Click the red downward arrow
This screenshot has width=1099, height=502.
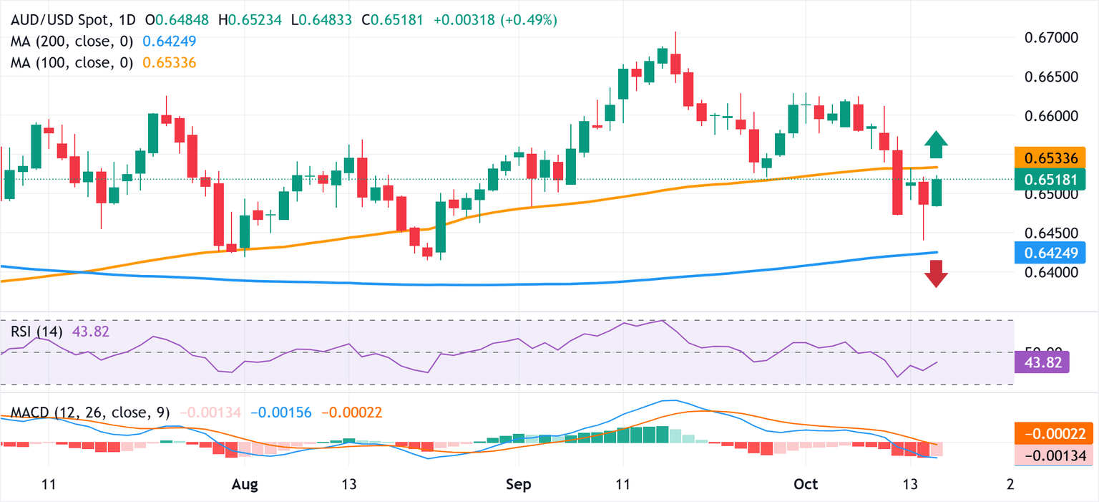pyautogui.click(x=935, y=274)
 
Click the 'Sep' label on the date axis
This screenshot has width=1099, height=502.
pyautogui.click(x=518, y=484)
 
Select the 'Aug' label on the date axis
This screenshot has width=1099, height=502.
pyautogui.click(x=245, y=484)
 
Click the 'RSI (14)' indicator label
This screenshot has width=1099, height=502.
pyautogui.click(x=36, y=332)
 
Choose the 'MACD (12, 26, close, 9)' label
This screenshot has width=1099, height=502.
pyautogui.click(x=90, y=412)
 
